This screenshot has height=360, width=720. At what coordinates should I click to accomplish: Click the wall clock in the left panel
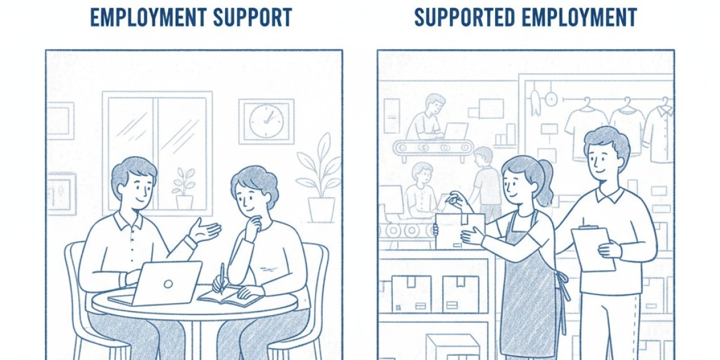pos(266,121)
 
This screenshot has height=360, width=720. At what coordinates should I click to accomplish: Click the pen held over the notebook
pos(222,278)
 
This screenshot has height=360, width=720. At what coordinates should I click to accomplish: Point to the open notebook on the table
pos(229,296)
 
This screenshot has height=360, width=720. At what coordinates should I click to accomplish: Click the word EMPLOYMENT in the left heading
pos(149,17)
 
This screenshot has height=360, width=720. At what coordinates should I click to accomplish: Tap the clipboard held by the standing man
pos(593,249)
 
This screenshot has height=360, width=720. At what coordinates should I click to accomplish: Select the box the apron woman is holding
pos(460,232)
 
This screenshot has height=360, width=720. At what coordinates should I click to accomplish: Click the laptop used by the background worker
pos(456,130)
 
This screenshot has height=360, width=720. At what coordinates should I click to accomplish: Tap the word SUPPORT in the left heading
pos(253,17)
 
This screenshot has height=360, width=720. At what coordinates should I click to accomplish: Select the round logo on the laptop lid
pos(168,284)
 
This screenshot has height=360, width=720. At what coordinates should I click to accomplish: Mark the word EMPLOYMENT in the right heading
pos(580,17)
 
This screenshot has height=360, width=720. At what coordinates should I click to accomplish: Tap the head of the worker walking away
pos(483,157)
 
